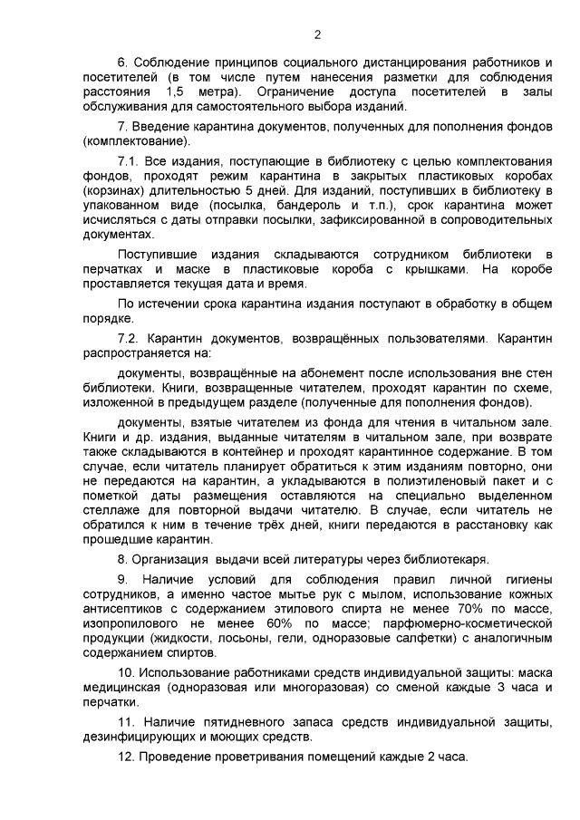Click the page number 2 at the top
(317, 35)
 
